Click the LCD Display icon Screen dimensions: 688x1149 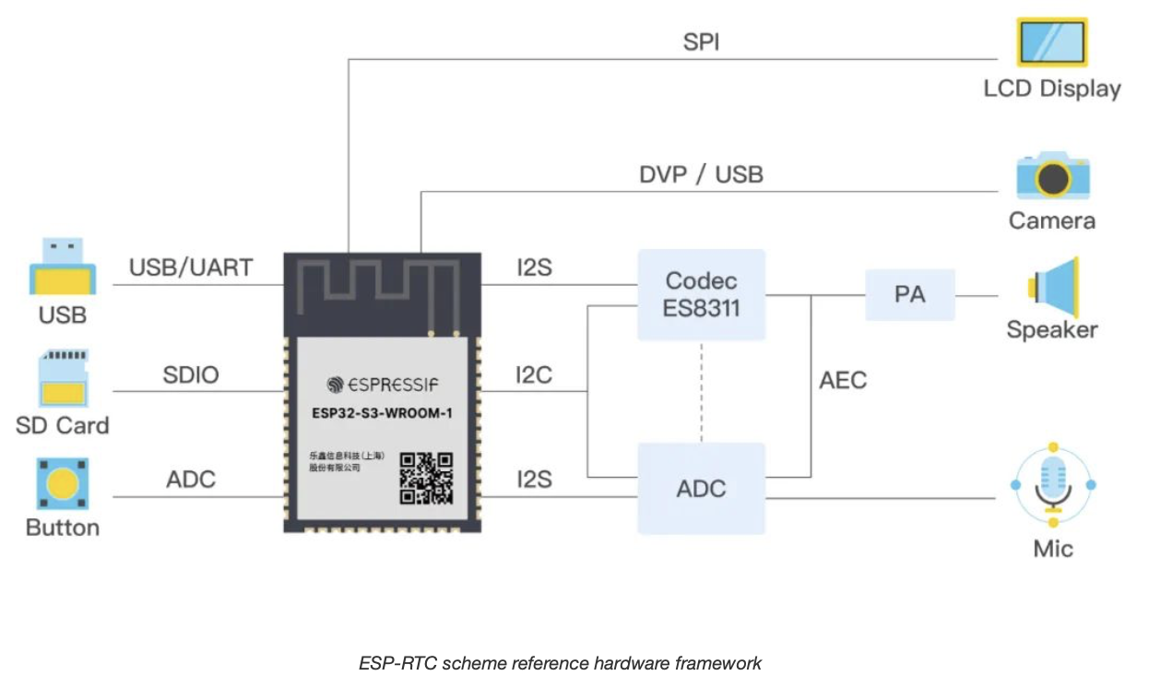pos(1052,42)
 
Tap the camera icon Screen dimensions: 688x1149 pos(1052,176)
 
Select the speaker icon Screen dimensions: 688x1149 pos(1052,288)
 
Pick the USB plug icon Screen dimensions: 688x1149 pos(62,267)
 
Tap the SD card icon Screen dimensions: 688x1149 pos(62,378)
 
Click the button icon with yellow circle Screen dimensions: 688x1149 pos(62,484)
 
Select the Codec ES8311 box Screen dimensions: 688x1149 pos(701,294)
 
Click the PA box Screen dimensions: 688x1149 pos(909,295)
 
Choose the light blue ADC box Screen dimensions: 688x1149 pos(701,488)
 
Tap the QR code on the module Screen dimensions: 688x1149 pos(426,478)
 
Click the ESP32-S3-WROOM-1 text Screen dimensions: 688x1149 pos(382,413)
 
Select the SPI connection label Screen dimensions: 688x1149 pos(701,42)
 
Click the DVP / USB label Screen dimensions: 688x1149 pos(701,174)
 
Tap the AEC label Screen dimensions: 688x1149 pos(843,380)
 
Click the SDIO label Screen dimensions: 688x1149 pos(191,375)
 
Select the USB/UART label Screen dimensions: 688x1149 pos(191,268)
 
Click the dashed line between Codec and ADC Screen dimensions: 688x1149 pos(701,392)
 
